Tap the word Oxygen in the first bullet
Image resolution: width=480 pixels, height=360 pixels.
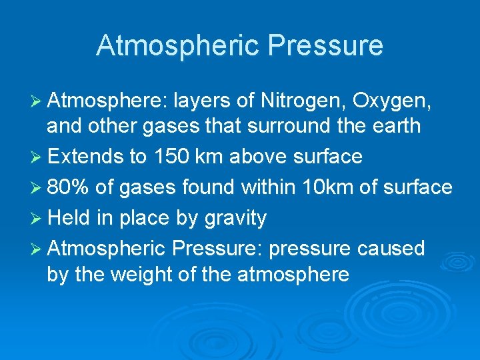pos(392,102)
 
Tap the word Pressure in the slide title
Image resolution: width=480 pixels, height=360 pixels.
pos(325,45)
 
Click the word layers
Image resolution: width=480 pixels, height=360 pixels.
pos(203,102)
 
